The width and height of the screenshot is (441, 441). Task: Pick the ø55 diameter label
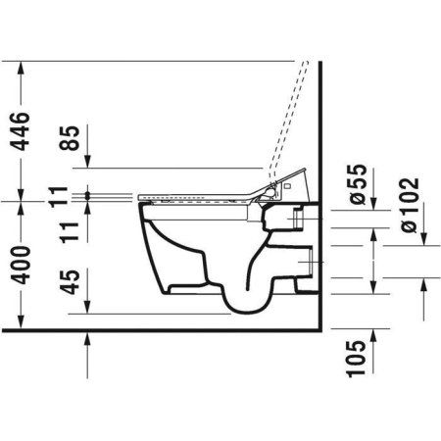[359, 185]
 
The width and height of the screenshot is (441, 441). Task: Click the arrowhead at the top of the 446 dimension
[21, 67]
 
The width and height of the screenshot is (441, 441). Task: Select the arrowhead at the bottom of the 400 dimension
[21, 318]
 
